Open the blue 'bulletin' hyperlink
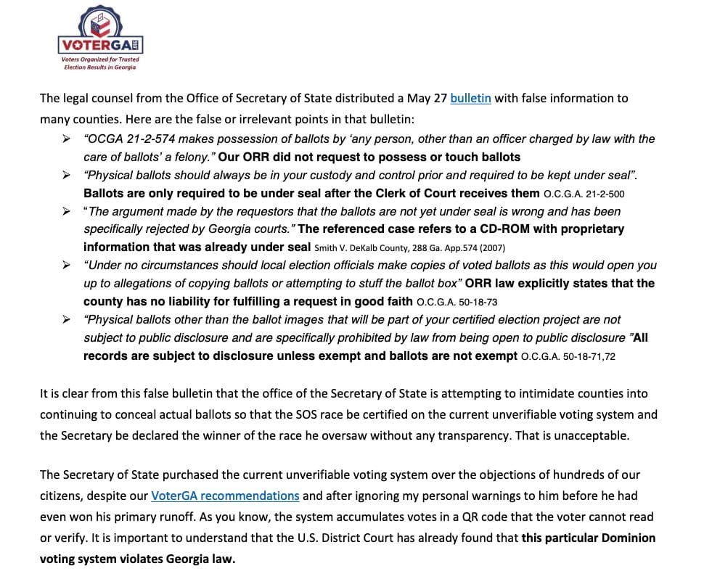click(x=470, y=98)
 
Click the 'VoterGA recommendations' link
click(x=225, y=496)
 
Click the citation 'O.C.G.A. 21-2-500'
click(x=584, y=194)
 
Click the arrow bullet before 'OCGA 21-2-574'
click(x=67, y=139)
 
